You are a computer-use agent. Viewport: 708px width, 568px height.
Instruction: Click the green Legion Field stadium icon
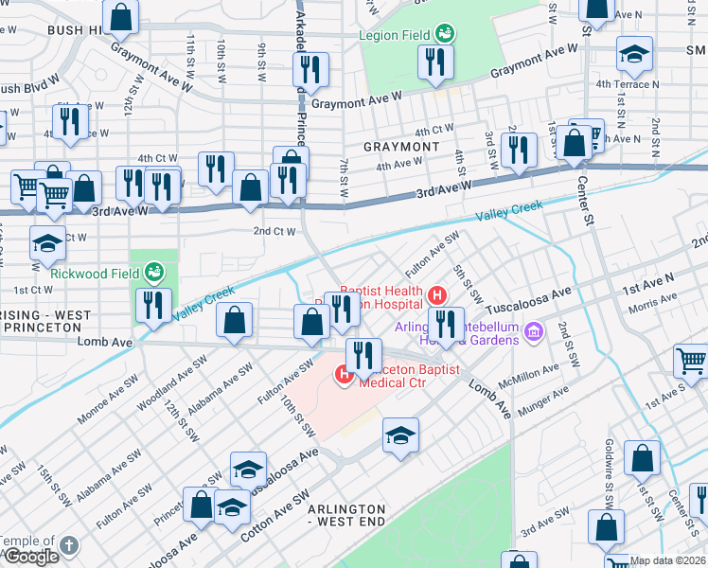(x=445, y=35)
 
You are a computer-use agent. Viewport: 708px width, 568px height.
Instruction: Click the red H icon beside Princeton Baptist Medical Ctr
(x=344, y=376)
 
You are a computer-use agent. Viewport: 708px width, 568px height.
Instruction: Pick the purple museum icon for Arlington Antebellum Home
(x=535, y=332)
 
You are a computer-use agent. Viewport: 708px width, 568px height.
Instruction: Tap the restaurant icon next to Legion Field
(x=436, y=62)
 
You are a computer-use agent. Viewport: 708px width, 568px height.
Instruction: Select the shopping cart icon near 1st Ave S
(x=692, y=361)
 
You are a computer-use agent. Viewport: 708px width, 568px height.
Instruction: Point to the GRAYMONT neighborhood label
(x=401, y=148)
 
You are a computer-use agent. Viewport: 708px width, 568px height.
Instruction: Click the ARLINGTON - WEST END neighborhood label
(x=346, y=515)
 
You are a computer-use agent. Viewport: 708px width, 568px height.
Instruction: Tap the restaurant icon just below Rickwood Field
(x=151, y=305)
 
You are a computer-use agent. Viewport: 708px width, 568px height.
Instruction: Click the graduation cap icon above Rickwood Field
(x=47, y=243)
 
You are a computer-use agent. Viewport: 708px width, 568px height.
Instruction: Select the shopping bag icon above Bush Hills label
(x=121, y=16)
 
